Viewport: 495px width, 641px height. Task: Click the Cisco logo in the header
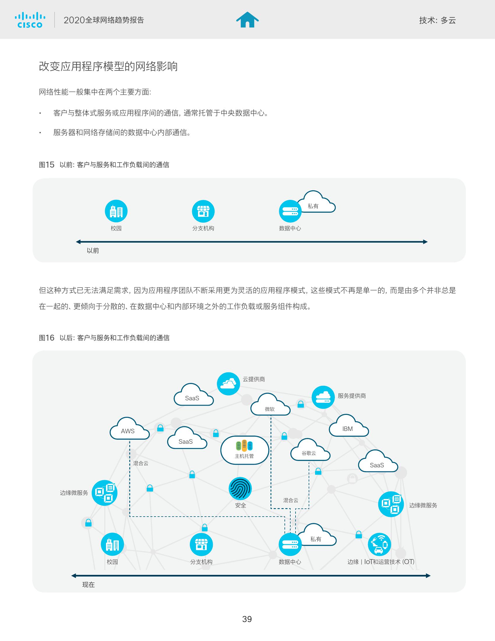[30, 20]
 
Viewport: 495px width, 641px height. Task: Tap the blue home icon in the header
[247, 20]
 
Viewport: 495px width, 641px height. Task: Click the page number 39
[247, 619]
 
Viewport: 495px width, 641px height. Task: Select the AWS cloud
[129, 430]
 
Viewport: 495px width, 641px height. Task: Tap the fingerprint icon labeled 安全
[240, 488]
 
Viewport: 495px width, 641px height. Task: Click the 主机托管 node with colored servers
[245, 450]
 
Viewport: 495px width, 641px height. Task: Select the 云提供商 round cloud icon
[229, 384]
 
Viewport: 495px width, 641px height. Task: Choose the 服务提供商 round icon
[323, 397]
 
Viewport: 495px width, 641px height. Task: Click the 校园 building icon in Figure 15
[116, 211]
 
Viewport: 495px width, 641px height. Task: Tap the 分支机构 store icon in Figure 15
[203, 211]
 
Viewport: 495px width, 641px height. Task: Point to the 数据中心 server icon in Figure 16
[290, 545]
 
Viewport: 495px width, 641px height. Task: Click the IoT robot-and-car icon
[379, 545]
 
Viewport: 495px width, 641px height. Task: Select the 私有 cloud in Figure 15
[316, 203]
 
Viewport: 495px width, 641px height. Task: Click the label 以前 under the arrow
[93, 251]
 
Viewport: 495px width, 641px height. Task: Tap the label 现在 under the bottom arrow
[89, 585]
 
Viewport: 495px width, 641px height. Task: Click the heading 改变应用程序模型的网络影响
[108, 67]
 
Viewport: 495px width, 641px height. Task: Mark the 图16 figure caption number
[47, 338]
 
